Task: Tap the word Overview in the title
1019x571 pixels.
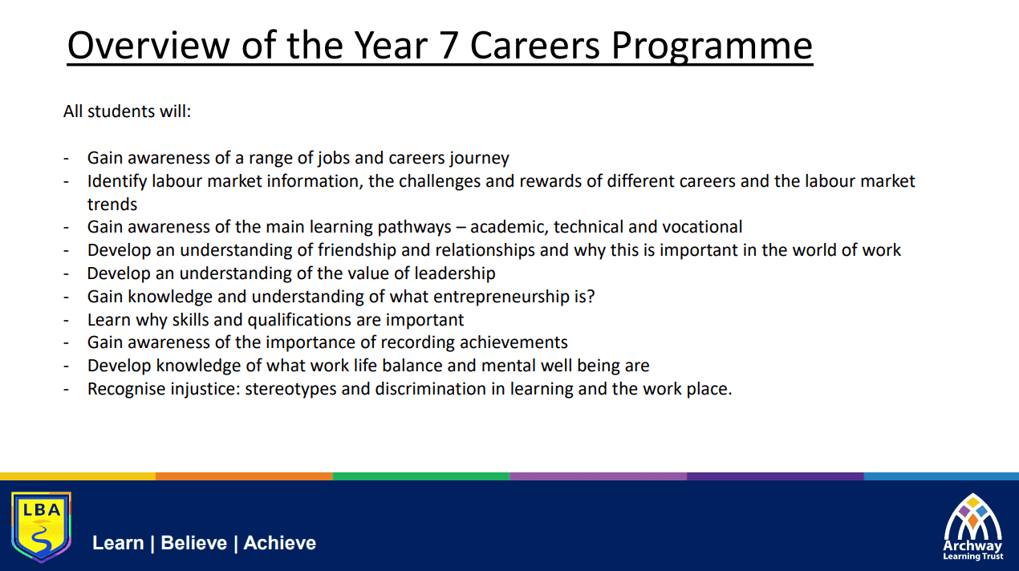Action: click(x=148, y=46)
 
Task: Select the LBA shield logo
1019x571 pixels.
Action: click(x=41, y=526)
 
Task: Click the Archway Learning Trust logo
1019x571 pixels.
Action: click(x=973, y=527)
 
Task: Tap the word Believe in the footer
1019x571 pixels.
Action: click(x=194, y=543)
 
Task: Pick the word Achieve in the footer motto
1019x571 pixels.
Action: click(x=280, y=543)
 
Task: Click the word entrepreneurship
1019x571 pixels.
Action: click(x=501, y=298)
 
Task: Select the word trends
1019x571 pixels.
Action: click(x=112, y=205)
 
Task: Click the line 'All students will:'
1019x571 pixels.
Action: click(x=127, y=111)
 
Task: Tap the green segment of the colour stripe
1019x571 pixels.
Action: click(x=421, y=476)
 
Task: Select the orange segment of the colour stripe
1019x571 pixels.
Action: click(x=244, y=476)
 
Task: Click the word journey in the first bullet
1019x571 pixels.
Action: click(x=480, y=159)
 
